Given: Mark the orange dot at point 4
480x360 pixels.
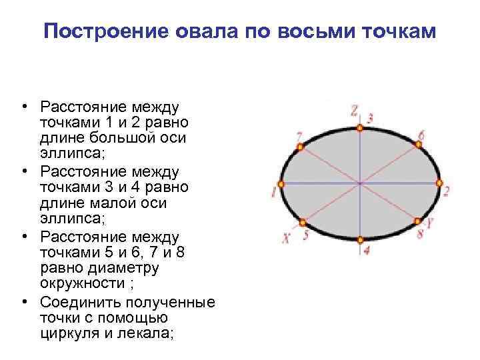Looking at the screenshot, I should click(360, 239).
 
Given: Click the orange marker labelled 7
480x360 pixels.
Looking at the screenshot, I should click(301, 145).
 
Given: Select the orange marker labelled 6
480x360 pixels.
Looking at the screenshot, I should click(419, 145).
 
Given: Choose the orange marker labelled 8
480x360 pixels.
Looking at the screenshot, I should click(418, 221).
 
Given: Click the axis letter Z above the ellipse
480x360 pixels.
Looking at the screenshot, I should click(354, 111).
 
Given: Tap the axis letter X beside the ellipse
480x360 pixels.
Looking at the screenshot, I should click(286, 238).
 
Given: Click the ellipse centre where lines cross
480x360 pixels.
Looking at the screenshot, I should click(360, 183).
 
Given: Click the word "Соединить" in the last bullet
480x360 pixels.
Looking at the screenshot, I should click(79, 301).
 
